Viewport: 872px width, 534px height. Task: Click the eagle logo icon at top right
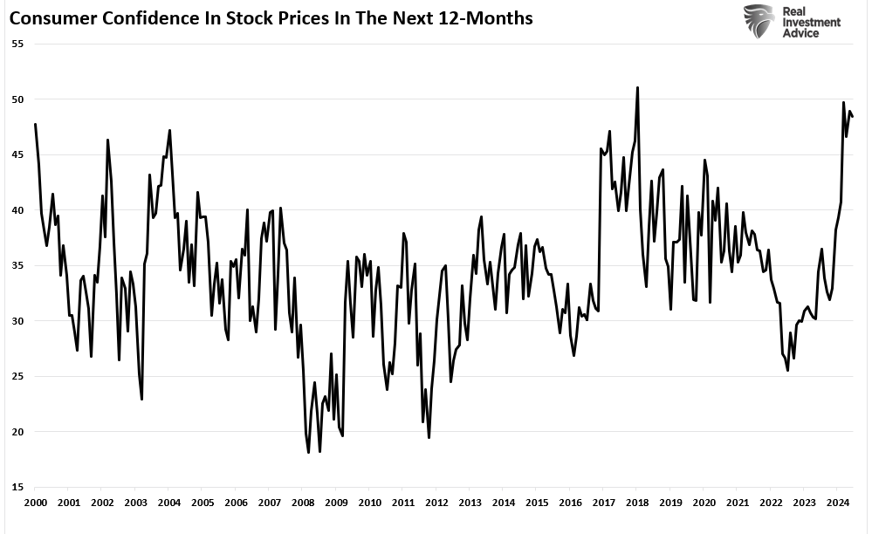click(759, 21)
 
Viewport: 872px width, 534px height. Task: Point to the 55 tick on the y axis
click(17, 43)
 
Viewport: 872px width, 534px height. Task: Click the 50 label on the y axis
click(17, 99)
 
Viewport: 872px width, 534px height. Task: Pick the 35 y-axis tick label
click(17, 265)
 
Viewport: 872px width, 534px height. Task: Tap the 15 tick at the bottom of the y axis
click(17, 487)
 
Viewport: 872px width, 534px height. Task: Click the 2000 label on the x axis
click(35, 503)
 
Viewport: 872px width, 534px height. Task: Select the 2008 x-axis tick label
click(303, 503)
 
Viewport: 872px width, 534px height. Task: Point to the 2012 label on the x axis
click(436, 503)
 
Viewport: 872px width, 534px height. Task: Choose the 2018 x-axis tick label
click(637, 503)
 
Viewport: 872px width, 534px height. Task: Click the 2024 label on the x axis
click(837, 503)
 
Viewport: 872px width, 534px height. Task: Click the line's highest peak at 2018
click(638, 87)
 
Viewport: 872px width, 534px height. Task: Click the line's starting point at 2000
click(35, 124)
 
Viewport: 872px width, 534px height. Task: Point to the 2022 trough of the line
click(787, 371)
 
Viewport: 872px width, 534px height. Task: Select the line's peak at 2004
click(169, 130)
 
